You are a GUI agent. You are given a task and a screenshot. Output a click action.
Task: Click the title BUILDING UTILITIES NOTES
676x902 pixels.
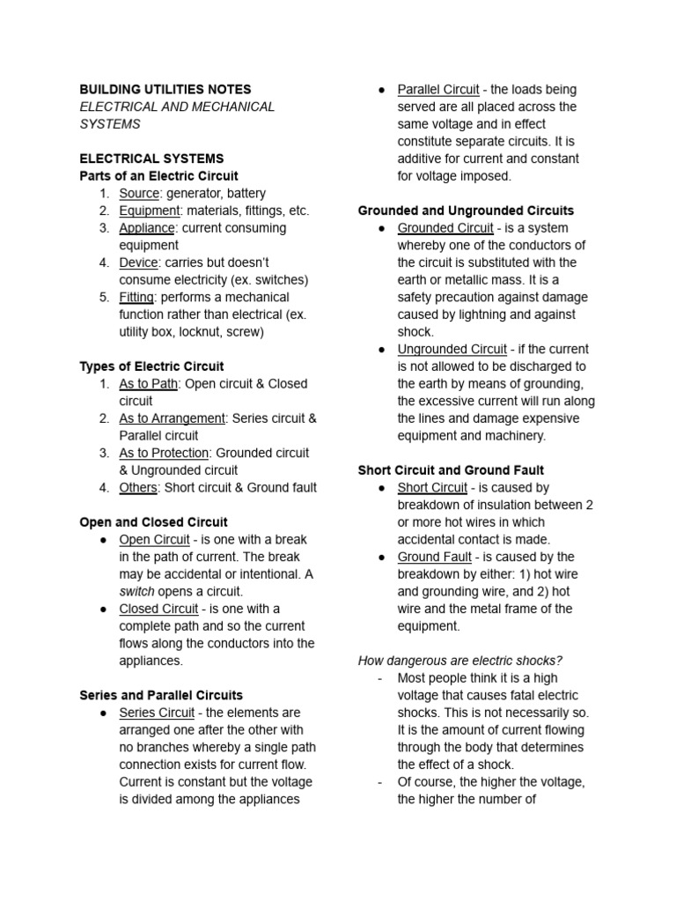(165, 89)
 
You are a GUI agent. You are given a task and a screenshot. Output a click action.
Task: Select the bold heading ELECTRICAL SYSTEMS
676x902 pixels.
(151, 159)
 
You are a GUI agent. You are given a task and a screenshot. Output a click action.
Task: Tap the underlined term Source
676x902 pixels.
(139, 193)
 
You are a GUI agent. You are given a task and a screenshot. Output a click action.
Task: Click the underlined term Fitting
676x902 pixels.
(136, 297)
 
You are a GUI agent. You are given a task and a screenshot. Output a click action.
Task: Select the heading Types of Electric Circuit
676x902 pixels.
(151, 366)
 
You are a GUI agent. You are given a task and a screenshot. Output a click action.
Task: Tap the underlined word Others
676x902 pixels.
(139, 487)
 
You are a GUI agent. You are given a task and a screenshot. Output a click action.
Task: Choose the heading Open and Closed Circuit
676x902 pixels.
(153, 522)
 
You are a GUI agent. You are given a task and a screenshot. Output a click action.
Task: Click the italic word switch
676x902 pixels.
(136, 591)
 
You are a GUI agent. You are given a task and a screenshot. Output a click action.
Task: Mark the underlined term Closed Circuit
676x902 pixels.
(158, 609)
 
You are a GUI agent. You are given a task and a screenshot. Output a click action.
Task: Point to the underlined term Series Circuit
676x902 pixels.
(157, 713)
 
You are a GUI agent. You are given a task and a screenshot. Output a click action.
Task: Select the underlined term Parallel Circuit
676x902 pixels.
(438, 89)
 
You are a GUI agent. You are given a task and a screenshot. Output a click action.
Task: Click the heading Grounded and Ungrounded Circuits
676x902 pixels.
(466, 211)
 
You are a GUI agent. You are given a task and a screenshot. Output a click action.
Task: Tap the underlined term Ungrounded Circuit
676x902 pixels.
(452, 349)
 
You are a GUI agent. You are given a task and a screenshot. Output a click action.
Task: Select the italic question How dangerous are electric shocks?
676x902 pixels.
(459, 661)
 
